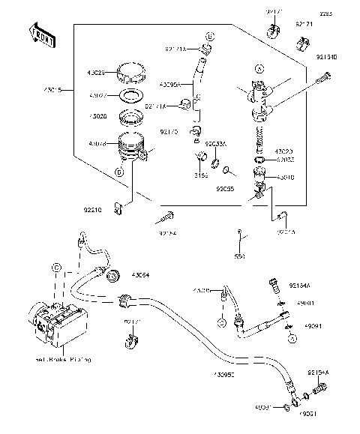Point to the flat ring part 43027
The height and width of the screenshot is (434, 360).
(132, 95)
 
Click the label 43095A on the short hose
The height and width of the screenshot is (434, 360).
(172, 84)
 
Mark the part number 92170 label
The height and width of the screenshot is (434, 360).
(169, 131)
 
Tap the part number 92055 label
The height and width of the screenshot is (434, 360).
(225, 189)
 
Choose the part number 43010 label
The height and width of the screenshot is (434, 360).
(286, 178)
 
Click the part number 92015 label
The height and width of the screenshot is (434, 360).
(286, 232)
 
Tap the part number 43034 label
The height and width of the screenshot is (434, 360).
(140, 274)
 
